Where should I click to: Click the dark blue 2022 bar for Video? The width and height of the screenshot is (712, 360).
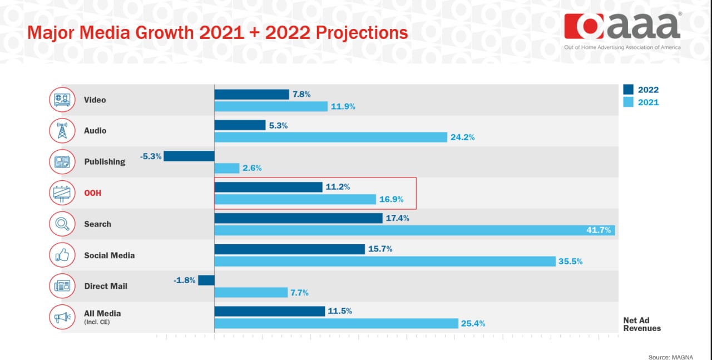tap(252, 95)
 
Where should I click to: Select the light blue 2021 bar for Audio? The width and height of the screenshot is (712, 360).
tap(331, 137)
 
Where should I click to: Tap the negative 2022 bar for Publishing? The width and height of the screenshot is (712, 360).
tap(189, 156)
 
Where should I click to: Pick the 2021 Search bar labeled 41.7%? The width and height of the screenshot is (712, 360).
tap(415, 230)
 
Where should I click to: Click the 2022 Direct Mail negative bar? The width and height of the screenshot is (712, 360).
tap(206, 280)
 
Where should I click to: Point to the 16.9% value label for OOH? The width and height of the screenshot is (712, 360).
tap(391, 199)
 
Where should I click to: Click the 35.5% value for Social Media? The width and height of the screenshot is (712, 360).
tap(571, 262)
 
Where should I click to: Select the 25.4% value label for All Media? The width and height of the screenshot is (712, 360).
tap(473, 323)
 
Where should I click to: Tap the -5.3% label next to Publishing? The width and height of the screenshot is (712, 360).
tap(151, 156)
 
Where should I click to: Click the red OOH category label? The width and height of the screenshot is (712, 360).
tap(92, 193)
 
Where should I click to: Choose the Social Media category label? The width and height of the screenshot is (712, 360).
tap(110, 255)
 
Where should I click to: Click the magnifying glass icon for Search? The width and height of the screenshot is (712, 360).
tap(62, 224)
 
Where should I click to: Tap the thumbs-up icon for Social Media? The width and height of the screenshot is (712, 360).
tap(62, 255)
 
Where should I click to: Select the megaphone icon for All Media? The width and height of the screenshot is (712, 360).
tap(62, 317)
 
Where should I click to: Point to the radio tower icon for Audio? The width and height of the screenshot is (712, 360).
tap(62, 130)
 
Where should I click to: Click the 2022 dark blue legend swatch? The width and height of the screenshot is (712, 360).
tap(628, 90)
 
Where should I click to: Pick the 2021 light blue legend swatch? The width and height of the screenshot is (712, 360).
tap(628, 102)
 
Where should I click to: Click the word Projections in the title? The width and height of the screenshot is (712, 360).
tap(362, 33)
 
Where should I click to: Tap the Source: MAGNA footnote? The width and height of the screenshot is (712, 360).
tap(671, 357)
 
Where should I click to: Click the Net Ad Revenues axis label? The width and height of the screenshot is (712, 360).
tap(642, 324)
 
